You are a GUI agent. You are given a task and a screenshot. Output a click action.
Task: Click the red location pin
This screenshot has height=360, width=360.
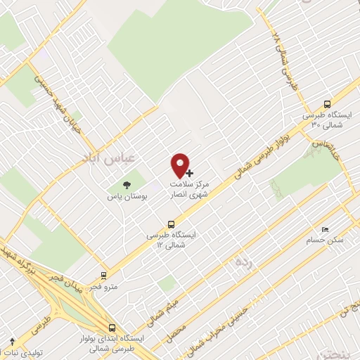pyautogui.click(x=181, y=165)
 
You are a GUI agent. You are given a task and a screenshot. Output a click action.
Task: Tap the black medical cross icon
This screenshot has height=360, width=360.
pyautogui.click(x=188, y=172)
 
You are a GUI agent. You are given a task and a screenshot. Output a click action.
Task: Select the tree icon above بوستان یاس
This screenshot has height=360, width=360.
pyautogui.click(x=127, y=185)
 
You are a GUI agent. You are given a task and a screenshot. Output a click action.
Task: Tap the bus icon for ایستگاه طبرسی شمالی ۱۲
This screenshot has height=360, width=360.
pyautogui.click(x=164, y=224)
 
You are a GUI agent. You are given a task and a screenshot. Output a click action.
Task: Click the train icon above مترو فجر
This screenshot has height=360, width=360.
pyautogui.click(x=104, y=276)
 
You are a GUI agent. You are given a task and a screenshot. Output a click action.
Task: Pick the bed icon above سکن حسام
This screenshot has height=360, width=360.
pyautogui.click(x=325, y=229)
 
